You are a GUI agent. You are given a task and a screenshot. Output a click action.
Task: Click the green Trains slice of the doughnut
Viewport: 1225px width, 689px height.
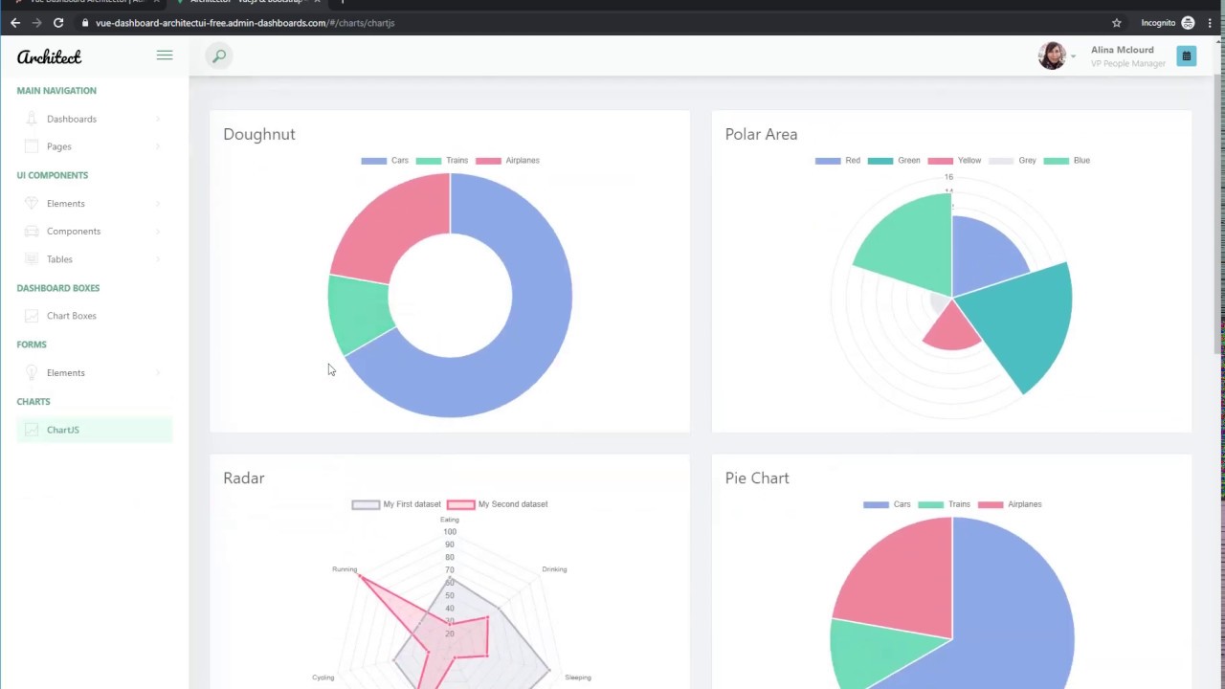357,313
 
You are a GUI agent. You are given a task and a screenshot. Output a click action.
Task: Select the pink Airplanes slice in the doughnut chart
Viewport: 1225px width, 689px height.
386,230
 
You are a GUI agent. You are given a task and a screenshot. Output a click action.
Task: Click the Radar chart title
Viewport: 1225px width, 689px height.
243,478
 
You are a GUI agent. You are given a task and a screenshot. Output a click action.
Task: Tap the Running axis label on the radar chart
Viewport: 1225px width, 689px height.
345,569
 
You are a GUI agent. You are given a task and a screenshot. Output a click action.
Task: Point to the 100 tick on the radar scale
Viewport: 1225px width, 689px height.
450,532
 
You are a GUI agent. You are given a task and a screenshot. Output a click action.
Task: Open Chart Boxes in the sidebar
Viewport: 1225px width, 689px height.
71,316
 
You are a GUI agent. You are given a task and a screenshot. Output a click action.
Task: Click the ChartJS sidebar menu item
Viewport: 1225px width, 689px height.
63,430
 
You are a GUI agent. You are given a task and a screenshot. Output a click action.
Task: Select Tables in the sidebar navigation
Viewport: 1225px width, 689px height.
59,259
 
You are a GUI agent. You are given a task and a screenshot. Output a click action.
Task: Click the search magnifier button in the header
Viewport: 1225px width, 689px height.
219,56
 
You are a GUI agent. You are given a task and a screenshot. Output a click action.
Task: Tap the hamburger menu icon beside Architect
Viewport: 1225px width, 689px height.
165,56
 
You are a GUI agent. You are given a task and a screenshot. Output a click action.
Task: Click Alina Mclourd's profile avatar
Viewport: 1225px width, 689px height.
1052,56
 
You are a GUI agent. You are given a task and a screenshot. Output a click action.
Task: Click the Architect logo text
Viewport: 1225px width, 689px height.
49,57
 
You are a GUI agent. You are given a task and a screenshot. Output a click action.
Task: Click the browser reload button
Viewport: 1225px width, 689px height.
58,23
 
